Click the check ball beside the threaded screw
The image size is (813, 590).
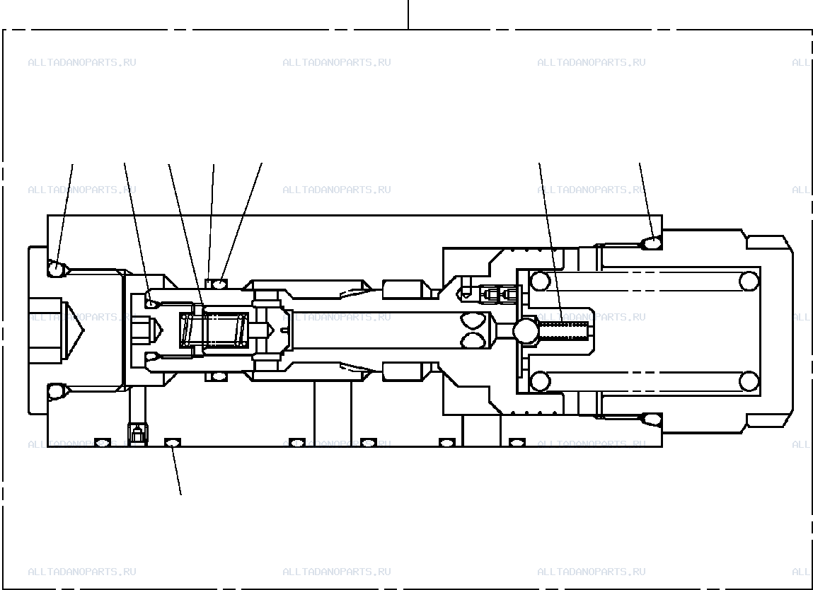(x=526, y=330)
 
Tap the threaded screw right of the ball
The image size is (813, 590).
(x=564, y=330)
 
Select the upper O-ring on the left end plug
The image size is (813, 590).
(x=55, y=269)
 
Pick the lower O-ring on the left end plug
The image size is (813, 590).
(x=55, y=391)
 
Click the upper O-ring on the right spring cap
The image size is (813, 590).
(x=650, y=243)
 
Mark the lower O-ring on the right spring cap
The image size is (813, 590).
(x=650, y=419)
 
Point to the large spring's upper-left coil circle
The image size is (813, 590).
(x=540, y=281)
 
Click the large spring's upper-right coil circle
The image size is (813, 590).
(x=749, y=281)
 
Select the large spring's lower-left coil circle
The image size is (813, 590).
(x=540, y=381)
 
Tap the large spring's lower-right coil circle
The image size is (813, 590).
(x=749, y=381)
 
